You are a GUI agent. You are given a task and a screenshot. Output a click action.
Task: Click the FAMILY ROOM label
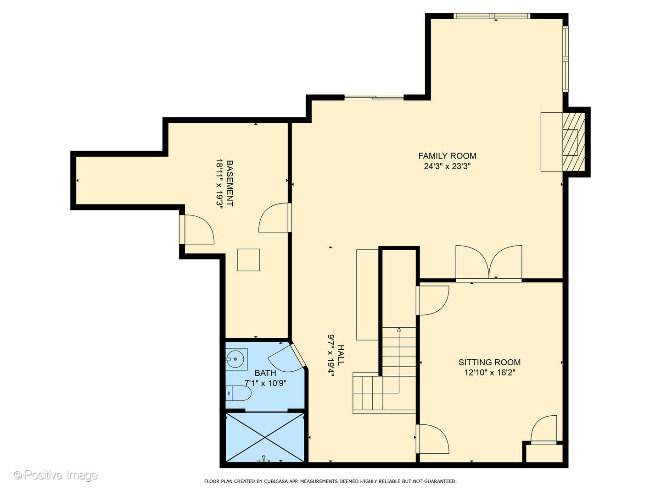click(447, 156)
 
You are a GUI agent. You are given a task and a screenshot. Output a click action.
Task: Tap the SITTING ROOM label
click(489, 362)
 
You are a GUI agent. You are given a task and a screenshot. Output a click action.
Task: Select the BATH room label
click(265, 373)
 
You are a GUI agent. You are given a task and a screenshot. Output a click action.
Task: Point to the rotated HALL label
click(341, 355)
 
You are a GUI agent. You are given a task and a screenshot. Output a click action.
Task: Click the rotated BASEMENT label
click(230, 183)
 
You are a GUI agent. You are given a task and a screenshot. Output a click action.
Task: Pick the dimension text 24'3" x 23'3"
click(447, 166)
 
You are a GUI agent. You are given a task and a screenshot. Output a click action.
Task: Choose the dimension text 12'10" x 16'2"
click(490, 373)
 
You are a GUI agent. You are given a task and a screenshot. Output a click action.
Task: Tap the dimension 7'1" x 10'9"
click(265, 383)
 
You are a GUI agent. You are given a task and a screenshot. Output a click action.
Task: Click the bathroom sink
click(236, 359)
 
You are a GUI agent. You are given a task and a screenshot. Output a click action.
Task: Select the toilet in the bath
click(238, 393)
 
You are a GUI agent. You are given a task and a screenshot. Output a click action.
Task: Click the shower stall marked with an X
click(265, 437)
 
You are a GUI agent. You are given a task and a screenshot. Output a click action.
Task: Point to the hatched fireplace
click(574, 142)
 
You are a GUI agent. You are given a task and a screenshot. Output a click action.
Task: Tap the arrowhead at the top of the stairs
click(399, 330)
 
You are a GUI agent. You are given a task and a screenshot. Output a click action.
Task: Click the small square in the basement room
click(248, 260)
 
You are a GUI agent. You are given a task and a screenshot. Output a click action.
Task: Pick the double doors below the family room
click(489, 263)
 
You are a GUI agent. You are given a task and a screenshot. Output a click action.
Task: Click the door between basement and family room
click(275, 218)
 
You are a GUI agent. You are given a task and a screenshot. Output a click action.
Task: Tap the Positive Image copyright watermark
click(56, 475)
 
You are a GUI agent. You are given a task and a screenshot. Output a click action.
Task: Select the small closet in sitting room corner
click(544, 453)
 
